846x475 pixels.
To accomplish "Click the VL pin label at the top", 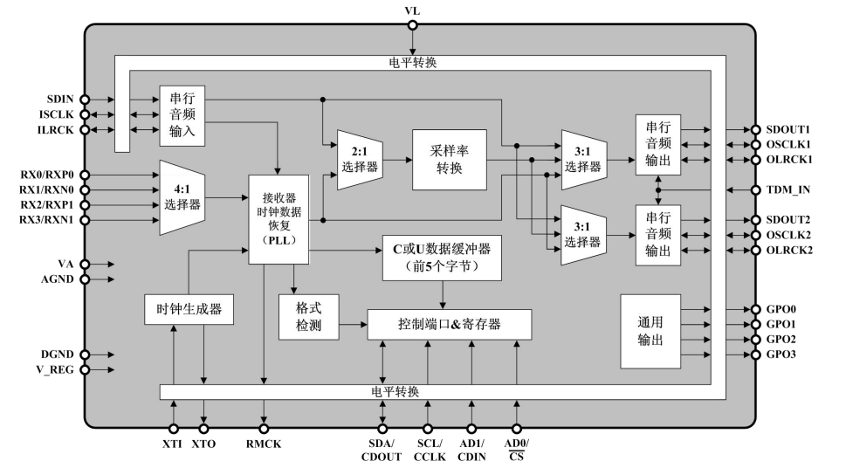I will point(413,10).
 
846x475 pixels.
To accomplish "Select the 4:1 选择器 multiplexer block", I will point(182,197).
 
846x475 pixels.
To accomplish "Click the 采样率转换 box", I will point(449,160).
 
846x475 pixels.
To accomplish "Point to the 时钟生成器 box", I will point(189,309).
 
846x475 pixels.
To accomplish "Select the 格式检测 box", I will point(309,318).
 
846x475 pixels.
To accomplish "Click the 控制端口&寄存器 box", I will point(450,324).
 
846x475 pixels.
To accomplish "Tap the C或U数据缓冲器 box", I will point(443,258).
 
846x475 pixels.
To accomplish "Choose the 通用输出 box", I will point(650,331).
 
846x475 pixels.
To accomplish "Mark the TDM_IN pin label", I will point(788,189).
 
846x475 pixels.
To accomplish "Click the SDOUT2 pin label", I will point(788,220).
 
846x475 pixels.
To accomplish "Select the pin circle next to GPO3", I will point(756,355).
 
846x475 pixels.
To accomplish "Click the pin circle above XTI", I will point(175,428).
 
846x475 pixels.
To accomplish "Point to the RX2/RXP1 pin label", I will point(46,205).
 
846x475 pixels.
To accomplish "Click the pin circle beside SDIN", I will point(85,100).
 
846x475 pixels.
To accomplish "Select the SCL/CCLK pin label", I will point(429,451).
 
